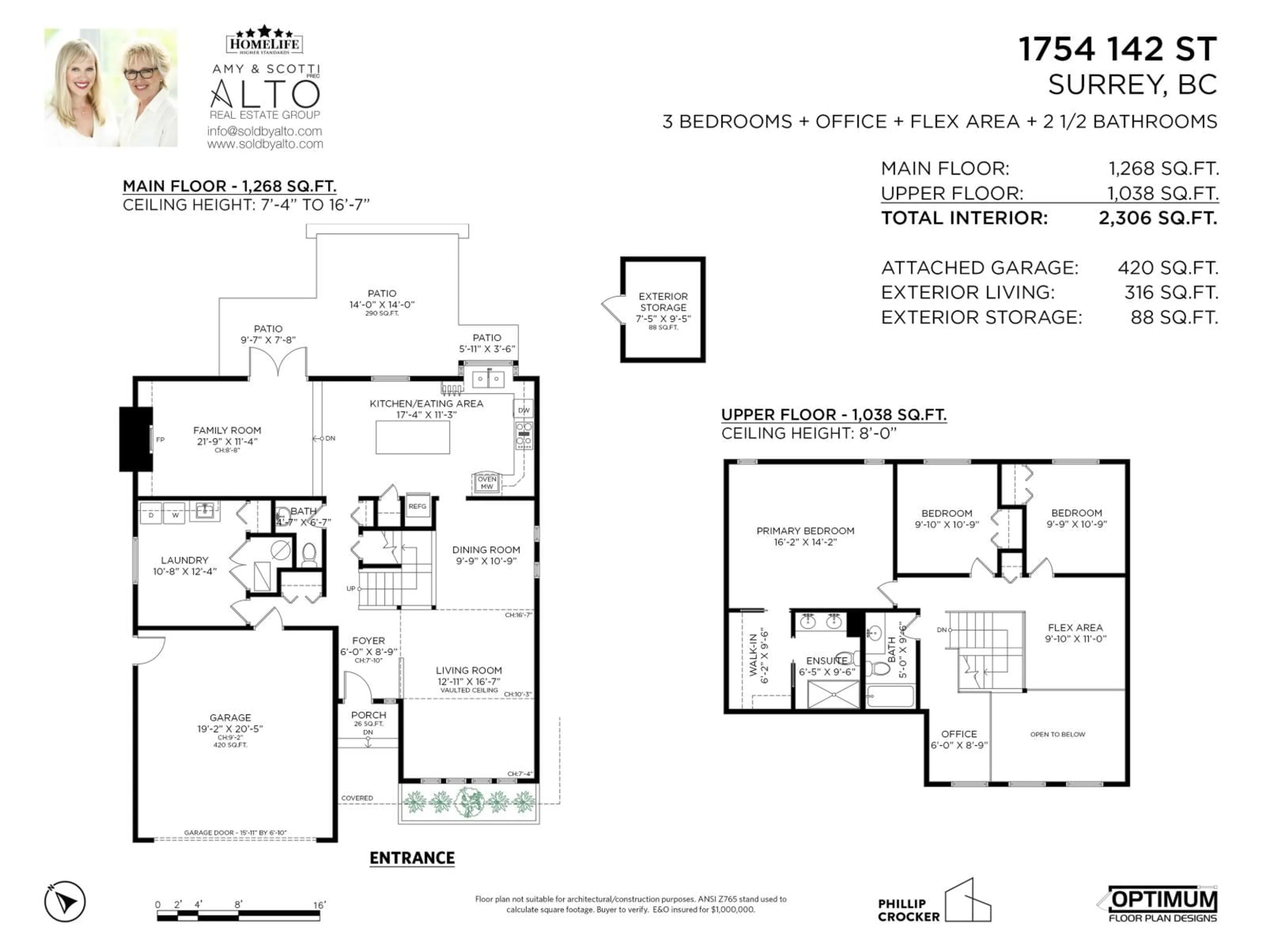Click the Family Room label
click(x=227, y=430)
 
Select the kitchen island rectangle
click(x=412, y=438)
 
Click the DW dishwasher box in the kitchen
click(x=524, y=410)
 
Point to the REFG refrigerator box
click(x=417, y=506)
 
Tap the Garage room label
click(x=230, y=717)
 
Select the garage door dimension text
click(x=235, y=833)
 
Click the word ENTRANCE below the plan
click(x=412, y=858)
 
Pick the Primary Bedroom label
click(x=805, y=531)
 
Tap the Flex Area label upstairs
click(x=1075, y=627)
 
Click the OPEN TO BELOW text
click(x=1057, y=734)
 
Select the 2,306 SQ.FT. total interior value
click(x=1158, y=218)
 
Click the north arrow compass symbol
click(x=65, y=902)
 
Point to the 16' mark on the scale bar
click(x=319, y=905)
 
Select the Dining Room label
click(x=486, y=550)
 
